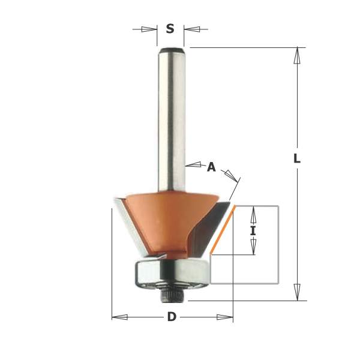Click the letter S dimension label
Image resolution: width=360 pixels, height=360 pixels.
(x=170, y=29)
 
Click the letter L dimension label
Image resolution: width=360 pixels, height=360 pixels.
(x=297, y=158)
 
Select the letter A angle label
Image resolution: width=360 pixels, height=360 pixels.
(x=211, y=167)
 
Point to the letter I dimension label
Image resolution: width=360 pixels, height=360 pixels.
(x=253, y=231)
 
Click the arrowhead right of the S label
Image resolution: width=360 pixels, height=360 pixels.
(x=192, y=29)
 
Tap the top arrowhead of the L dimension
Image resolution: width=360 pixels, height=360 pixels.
(x=297, y=55)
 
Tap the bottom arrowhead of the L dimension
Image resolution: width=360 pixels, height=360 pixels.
(x=297, y=292)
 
